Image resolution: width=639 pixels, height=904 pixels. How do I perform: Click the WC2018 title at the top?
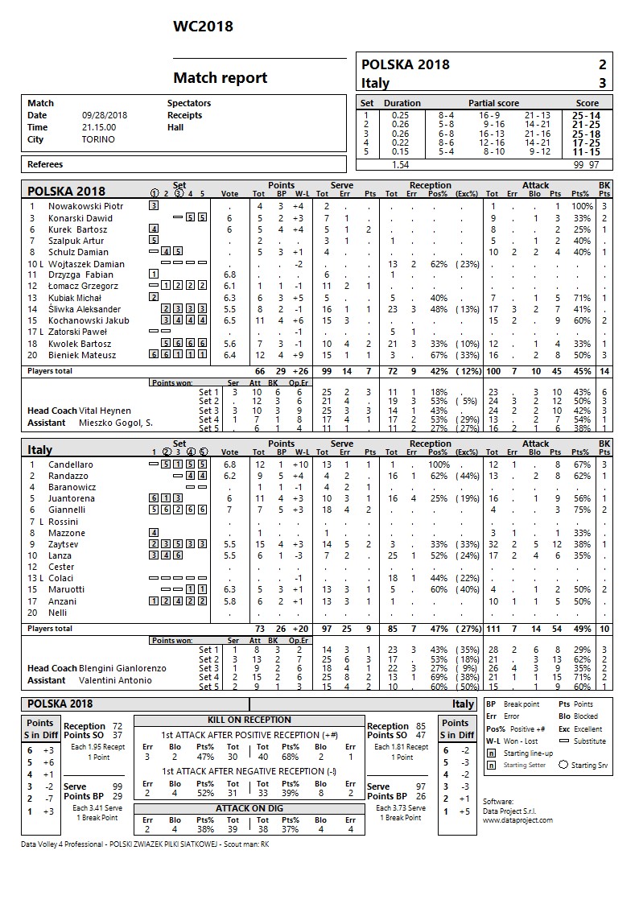203,27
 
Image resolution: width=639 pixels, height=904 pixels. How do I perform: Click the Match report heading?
220,78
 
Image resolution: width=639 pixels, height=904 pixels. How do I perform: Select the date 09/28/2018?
105,115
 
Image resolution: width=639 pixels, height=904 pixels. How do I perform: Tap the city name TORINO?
98,139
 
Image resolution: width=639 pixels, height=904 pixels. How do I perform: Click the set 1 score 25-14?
585,115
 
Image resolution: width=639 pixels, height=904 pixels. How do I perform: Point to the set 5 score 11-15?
585,151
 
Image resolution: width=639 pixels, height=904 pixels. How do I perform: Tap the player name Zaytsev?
65,544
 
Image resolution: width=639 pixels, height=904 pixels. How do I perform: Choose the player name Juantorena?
72,498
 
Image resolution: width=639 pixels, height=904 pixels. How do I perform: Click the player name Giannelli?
67,510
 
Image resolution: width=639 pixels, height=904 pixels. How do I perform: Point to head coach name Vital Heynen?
105,411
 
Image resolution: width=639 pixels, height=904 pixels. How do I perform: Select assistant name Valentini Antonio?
116,680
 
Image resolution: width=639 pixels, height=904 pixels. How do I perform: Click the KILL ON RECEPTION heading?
249,720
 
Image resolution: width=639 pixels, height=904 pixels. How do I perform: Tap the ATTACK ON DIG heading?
249,807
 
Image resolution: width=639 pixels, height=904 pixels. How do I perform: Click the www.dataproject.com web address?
517,820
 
